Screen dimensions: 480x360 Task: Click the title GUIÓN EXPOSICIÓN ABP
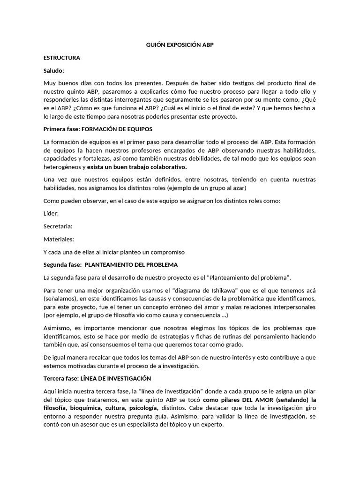(180, 45)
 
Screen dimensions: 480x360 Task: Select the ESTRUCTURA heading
(61, 58)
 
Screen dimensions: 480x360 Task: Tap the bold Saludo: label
(53, 70)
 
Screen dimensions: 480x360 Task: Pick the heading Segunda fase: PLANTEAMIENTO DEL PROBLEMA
(110, 264)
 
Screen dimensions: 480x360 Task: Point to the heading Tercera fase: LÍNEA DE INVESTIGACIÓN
(97, 378)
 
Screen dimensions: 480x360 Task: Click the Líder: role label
(51, 213)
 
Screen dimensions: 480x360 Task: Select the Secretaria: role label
(58, 226)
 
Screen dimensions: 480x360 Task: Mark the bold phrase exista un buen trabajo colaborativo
(137, 167)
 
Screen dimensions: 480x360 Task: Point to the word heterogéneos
(62, 167)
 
